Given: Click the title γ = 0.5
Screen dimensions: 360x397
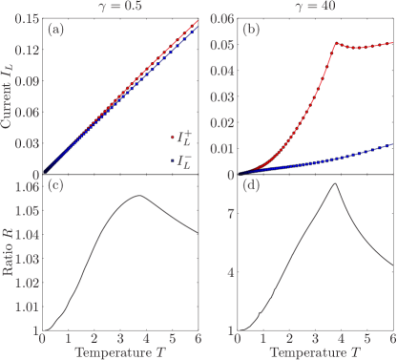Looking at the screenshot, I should click(x=120, y=7).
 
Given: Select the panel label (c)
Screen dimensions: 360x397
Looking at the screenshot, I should click(x=56, y=186).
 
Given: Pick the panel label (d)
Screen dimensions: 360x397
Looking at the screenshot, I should click(x=251, y=186).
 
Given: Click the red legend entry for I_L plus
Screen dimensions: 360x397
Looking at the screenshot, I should click(x=178, y=139).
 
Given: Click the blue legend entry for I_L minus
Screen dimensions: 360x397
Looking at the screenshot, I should click(x=178, y=160).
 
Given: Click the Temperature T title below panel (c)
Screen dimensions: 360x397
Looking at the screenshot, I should click(x=120, y=352).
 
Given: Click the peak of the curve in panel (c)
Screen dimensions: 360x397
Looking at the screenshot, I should click(x=138, y=196).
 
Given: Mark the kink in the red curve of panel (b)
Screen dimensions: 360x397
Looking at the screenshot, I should click(x=335, y=43).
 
